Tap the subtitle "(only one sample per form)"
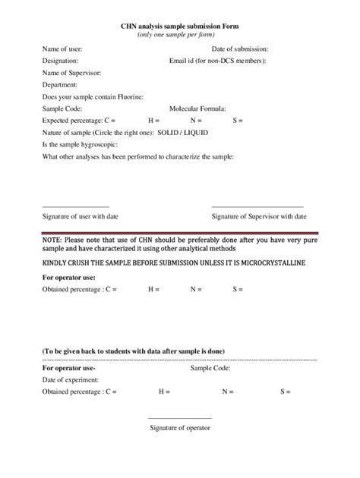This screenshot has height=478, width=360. click(x=180, y=35)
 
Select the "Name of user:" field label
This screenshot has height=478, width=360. click(x=62, y=49)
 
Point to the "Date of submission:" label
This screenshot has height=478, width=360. click(x=239, y=49)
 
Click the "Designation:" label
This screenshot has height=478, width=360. click(x=61, y=61)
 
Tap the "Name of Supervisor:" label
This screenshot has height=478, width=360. click(x=71, y=73)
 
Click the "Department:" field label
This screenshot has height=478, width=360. click(x=60, y=85)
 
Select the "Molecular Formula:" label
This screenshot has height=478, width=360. click(x=197, y=108)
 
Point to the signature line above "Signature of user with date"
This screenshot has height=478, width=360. click(x=75, y=206)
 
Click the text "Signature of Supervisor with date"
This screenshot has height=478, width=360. click(x=259, y=216)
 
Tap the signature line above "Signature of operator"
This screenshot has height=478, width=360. click(x=180, y=418)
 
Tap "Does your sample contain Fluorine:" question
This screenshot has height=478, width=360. click(x=93, y=96)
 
